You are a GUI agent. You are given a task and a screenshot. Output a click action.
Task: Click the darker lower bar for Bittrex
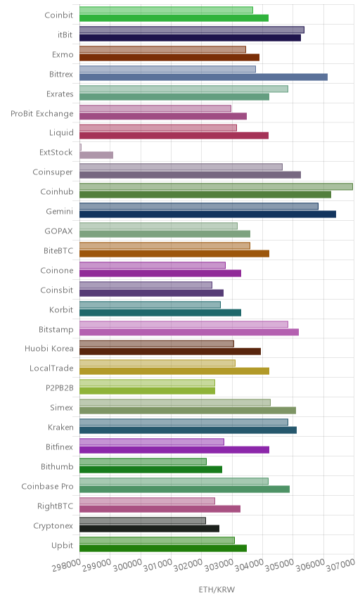(x=203, y=77)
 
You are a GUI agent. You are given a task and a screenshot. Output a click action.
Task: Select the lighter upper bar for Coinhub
(x=216, y=186)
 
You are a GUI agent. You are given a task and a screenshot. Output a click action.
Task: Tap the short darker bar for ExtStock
(x=96, y=155)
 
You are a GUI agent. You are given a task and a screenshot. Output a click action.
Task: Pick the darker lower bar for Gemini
(x=207, y=214)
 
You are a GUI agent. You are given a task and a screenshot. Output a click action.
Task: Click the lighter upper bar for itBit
(x=192, y=30)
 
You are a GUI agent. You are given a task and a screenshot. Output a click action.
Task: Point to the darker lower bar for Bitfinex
(x=174, y=450)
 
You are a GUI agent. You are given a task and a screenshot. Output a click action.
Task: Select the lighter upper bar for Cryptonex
(x=143, y=520)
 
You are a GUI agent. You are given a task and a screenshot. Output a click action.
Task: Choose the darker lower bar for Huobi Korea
(x=170, y=352)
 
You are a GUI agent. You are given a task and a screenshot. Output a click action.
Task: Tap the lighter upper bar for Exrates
(x=184, y=89)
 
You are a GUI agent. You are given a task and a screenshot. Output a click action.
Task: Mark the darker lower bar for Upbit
(x=163, y=549)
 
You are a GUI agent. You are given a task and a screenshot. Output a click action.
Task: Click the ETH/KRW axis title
(x=217, y=590)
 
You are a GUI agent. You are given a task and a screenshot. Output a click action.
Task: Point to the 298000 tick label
(x=66, y=565)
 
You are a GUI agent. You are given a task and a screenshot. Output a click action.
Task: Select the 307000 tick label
(x=340, y=565)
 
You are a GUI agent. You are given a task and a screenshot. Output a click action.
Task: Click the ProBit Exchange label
(x=41, y=114)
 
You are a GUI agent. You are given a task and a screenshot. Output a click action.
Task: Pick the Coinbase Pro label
(x=47, y=487)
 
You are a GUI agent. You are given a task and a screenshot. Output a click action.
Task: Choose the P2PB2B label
(x=60, y=388)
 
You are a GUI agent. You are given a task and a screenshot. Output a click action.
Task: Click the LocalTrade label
(x=51, y=369)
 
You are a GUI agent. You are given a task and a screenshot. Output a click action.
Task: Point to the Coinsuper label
(x=53, y=172)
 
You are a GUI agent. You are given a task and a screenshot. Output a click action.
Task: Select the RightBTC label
(x=55, y=506)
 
